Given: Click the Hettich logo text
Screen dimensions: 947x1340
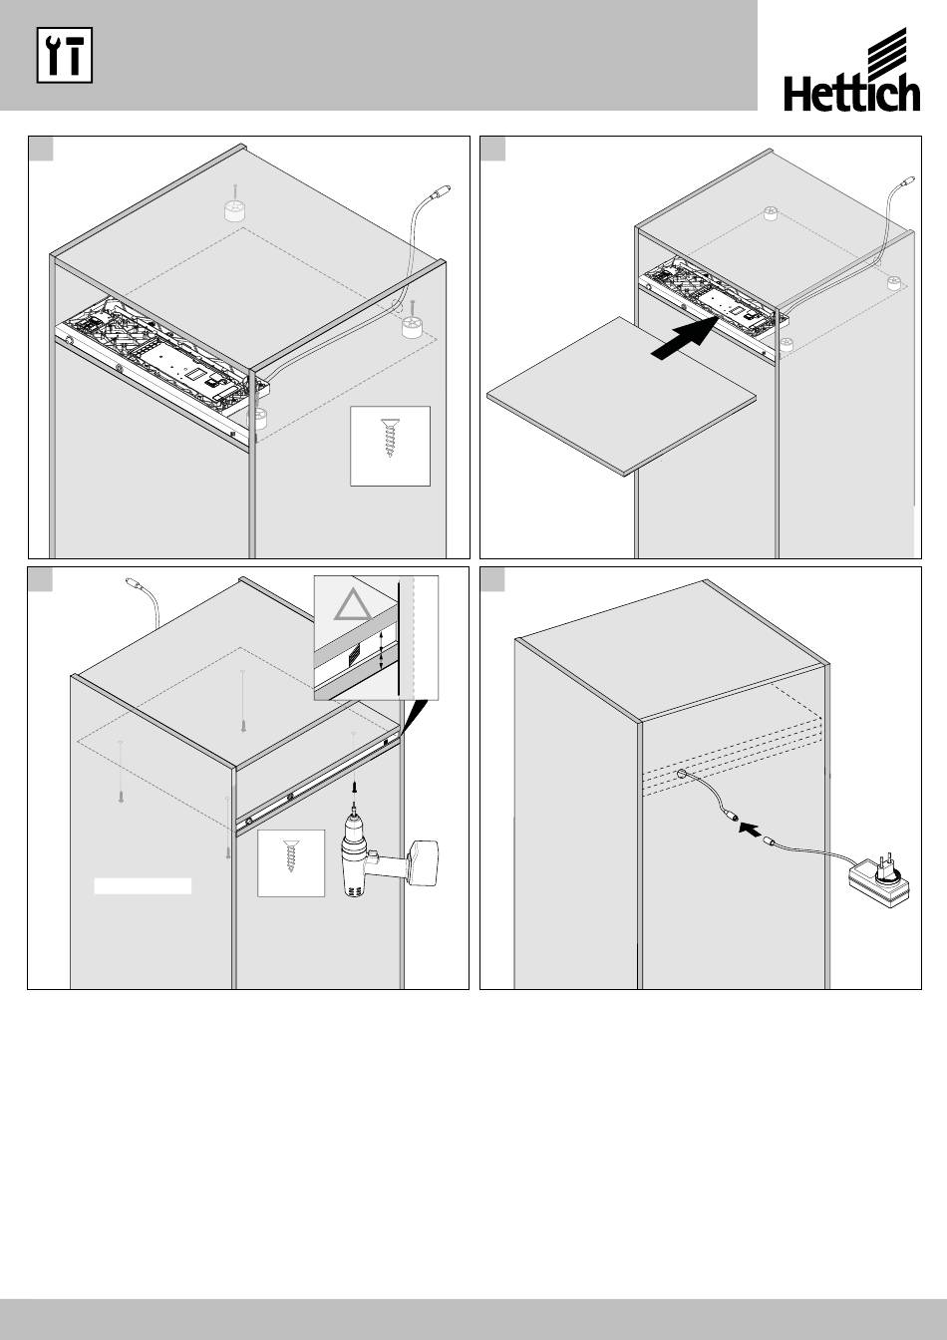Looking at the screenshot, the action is tap(851, 95).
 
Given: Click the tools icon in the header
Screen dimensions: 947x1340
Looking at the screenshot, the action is tap(65, 56).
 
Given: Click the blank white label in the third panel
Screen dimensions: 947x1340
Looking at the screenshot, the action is tap(143, 885).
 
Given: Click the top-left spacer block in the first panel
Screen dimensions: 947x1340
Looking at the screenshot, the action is tap(235, 210).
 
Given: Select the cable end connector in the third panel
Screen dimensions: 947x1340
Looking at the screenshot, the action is tap(132, 583).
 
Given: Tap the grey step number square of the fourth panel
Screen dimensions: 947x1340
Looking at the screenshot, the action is tap(492, 579).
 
